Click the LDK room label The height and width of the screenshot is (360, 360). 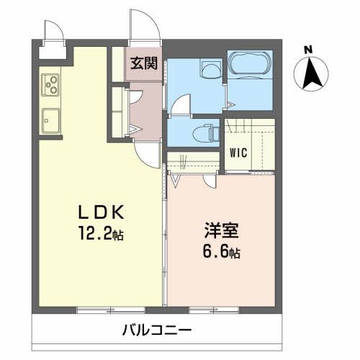(x=103, y=213)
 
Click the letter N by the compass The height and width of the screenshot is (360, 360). (x=308, y=50)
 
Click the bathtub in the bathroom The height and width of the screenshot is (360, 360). (x=249, y=66)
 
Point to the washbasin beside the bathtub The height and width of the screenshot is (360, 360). (x=210, y=71)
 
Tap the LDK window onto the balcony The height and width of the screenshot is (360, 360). (x=96, y=310)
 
